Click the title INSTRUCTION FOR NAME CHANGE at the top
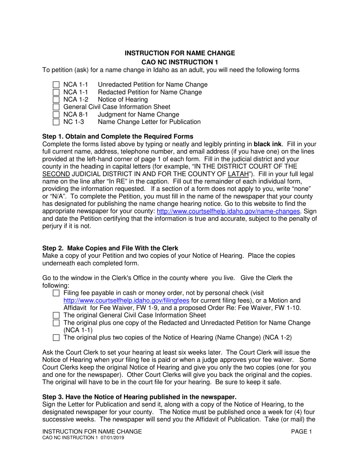pos(180,53)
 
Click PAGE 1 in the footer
pos(301,432)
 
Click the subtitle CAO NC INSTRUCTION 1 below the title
pos(180,62)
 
